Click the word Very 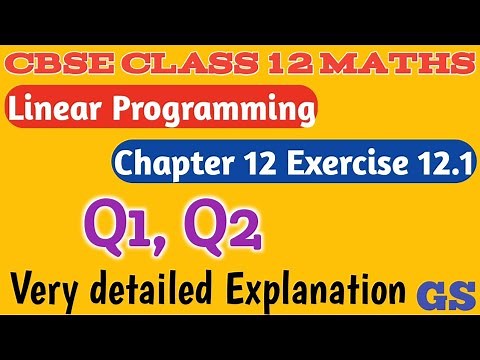point(54,291)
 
